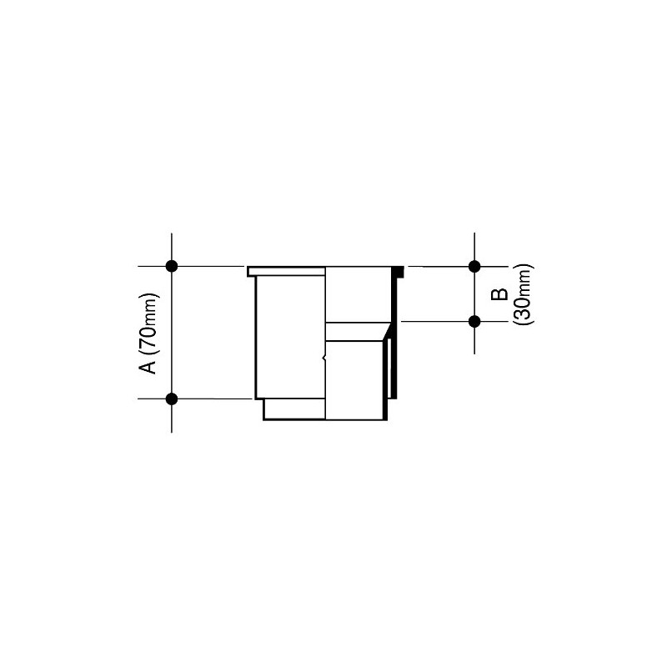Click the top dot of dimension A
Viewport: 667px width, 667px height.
click(x=172, y=266)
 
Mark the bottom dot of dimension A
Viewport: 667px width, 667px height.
click(x=172, y=399)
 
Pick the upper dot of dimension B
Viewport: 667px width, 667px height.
click(x=474, y=266)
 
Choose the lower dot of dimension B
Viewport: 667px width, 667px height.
click(x=474, y=321)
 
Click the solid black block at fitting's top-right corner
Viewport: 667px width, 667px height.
click(x=399, y=271)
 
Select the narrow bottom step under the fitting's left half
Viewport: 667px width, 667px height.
click(x=294, y=409)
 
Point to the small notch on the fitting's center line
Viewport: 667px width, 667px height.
click(x=323, y=359)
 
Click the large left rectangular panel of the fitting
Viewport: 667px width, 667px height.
click(x=288, y=338)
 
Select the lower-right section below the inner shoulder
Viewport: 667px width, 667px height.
click(x=354, y=379)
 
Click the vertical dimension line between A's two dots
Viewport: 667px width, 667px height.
click(x=172, y=333)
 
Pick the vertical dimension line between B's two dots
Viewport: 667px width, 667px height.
click(x=474, y=293)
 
